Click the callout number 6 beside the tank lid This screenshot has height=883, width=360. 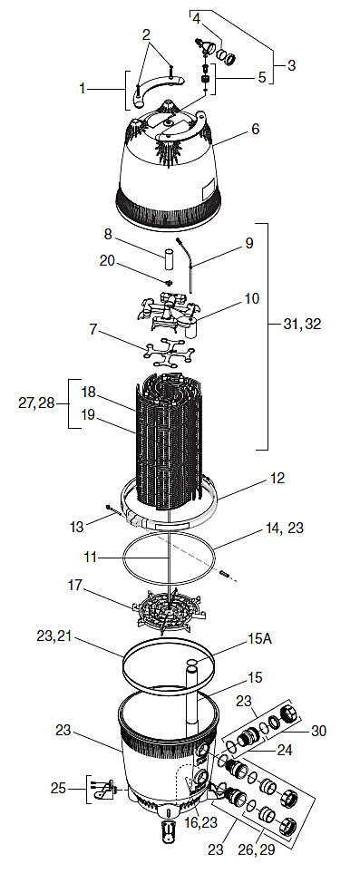tap(255, 129)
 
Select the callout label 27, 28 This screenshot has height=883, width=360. tap(37, 404)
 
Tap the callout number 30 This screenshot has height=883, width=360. tap(318, 731)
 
